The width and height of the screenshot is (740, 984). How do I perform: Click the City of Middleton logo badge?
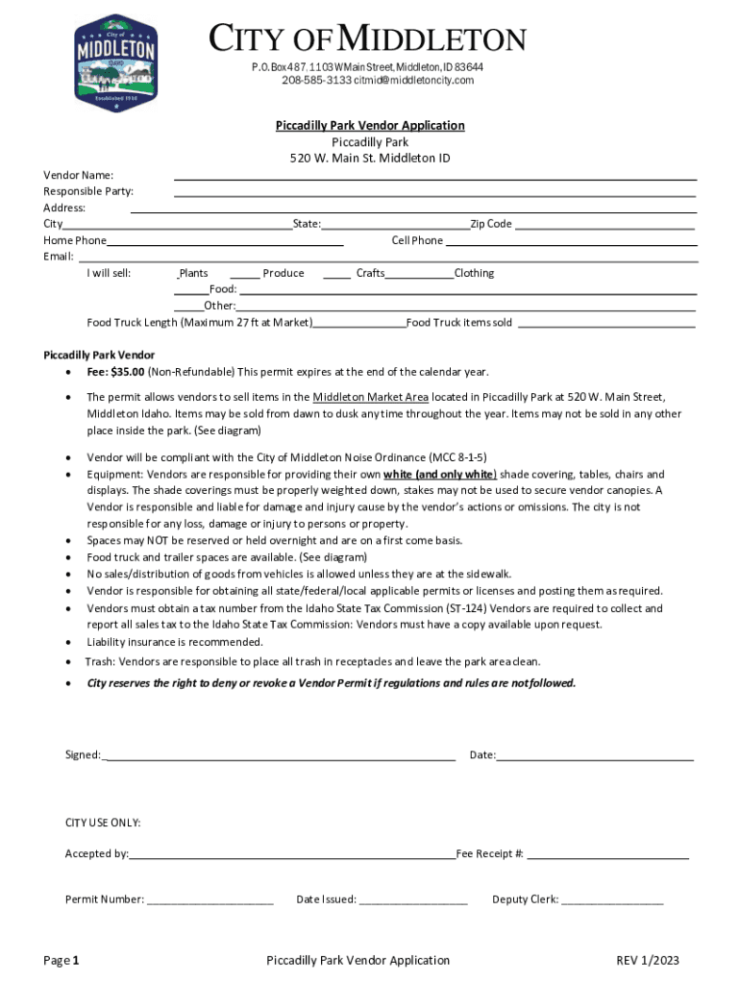116,62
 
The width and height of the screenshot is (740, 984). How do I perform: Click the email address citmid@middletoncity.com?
413,80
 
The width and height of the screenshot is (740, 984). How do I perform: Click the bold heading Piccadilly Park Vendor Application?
370,126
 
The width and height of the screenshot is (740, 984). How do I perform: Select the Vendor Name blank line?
434,178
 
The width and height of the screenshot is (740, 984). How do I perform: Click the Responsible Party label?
88,191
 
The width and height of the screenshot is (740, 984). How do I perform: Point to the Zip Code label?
490,224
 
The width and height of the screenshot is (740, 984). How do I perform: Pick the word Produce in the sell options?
284,273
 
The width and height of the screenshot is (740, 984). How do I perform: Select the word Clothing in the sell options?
474,273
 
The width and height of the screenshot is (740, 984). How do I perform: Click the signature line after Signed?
278,758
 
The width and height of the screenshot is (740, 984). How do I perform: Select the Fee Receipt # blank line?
607,856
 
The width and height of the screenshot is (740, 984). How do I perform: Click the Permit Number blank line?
210,903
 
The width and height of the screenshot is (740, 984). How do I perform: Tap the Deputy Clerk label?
524,899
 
